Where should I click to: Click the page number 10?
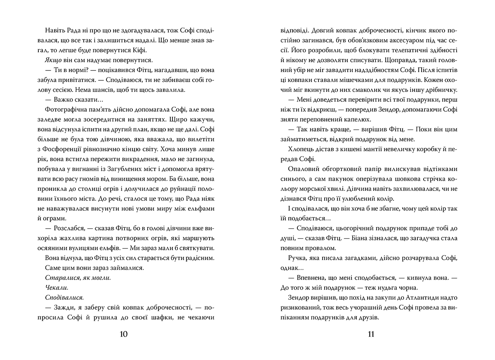pos(124,334)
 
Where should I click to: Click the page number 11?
pos(370,334)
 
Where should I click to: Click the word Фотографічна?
pos(63,120)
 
